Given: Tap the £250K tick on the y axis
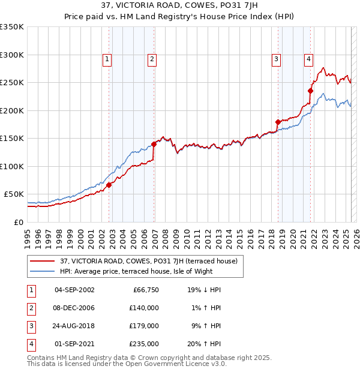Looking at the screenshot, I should coord(11,83).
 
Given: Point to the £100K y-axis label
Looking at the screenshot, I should coord(11,166).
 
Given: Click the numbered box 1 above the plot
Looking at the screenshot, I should coord(107,59).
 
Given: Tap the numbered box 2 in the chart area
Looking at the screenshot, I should coord(152,59).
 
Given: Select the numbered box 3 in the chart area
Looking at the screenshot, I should coord(276,59).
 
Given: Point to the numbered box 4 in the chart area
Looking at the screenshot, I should coord(308,59).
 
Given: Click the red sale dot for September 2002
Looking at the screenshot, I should coord(109,185).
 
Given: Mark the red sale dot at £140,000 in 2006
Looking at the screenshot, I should coord(154,145).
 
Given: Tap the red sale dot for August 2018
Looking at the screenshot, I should coord(278,122).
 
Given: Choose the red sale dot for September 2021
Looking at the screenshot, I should coord(310,91).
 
